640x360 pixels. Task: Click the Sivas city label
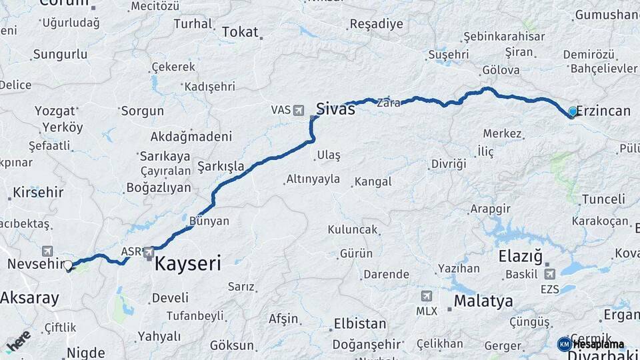click(335, 109)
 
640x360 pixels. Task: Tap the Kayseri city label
click(187, 264)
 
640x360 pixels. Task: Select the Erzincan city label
click(603, 111)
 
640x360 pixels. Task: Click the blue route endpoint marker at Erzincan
click(573, 111)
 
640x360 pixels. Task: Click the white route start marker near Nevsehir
click(68, 265)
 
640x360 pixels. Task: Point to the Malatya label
click(483, 301)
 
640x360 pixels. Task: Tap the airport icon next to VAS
click(297, 109)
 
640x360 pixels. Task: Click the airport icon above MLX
click(427, 296)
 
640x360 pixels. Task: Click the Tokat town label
click(239, 32)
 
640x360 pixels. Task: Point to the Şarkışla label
click(221, 165)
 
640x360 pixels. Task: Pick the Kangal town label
click(373, 181)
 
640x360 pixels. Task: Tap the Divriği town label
click(448, 163)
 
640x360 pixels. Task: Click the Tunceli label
click(603, 199)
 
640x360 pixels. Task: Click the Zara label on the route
click(388, 103)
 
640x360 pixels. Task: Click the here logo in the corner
click(18, 341)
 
